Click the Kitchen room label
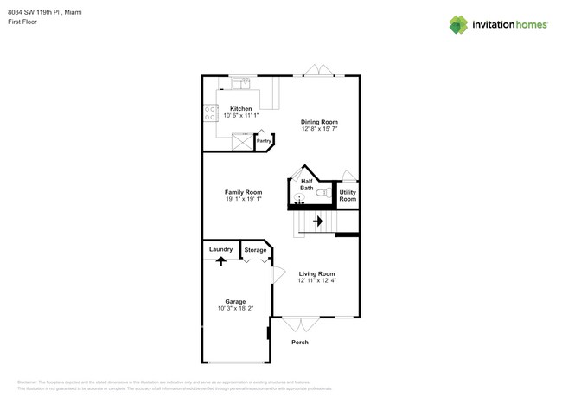click(241, 109)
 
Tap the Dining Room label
click(319, 122)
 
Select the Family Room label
click(243, 192)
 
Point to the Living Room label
click(316, 273)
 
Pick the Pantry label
click(264, 140)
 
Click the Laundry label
click(220, 249)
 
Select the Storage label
click(255, 250)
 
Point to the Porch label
click(299, 342)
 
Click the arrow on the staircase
click(317, 221)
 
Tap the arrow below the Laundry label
click(220, 260)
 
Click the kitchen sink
click(240, 84)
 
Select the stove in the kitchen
click(210, 112)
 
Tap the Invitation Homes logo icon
click(458, 24)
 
